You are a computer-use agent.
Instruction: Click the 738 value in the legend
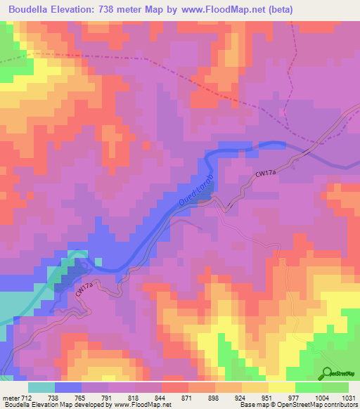tap(53, 397)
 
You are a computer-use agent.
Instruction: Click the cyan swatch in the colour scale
tap(41, 387)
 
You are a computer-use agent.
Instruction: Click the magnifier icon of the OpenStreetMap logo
tap(328, 372)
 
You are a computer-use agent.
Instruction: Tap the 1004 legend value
tap(321, 397)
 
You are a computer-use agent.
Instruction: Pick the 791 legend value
tap(106, 397)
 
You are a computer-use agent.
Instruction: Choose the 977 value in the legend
tap(295, 397)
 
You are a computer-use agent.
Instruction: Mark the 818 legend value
tap(134, 397)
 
